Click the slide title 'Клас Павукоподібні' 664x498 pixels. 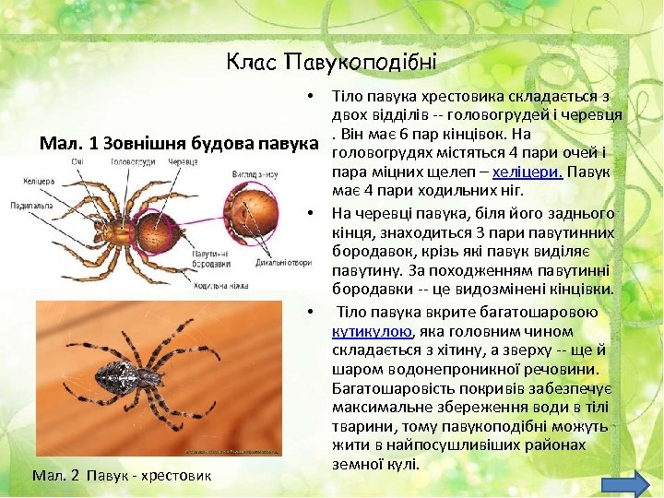click(x=331, y=63)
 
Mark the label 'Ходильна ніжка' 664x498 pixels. click(x=219, y=287)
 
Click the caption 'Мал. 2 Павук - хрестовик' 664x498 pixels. click(x=121, y=476)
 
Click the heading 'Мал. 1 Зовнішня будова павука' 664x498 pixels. click(x=184, y=144)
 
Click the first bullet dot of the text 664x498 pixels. click(x=313, y=96)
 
